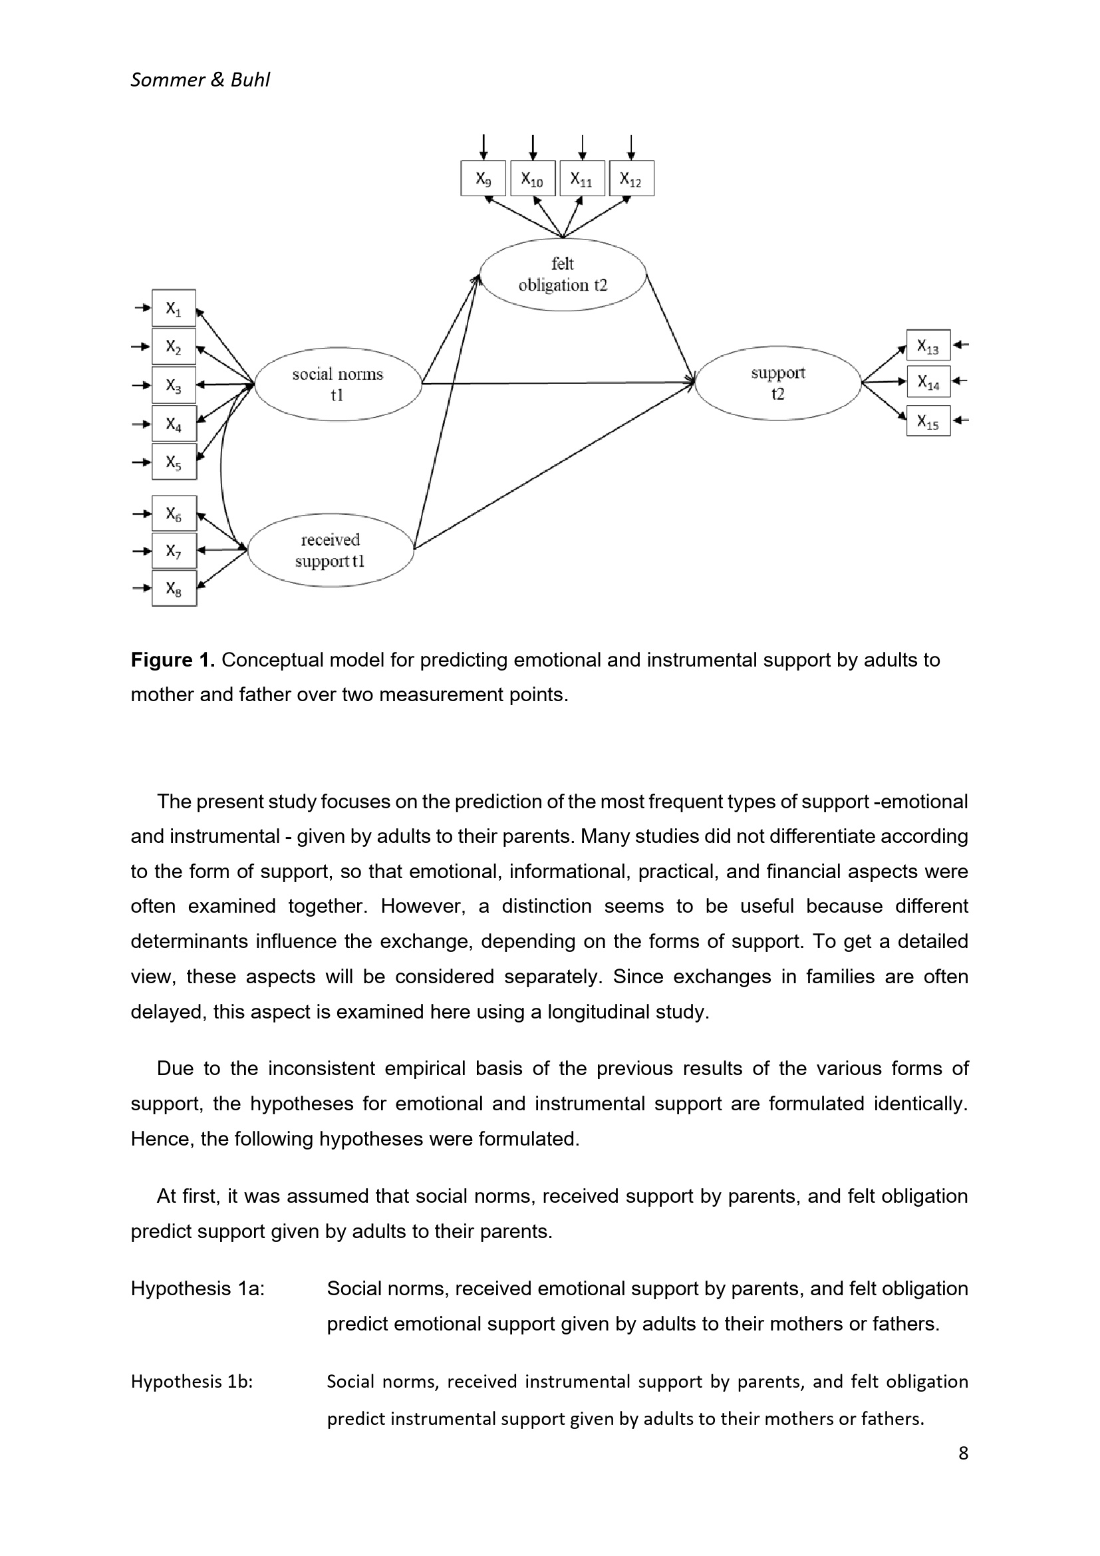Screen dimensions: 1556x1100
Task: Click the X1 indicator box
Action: point(174,309)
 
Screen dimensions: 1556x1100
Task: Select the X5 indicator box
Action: point(174,462)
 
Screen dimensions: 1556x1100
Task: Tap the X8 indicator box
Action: point(174,588)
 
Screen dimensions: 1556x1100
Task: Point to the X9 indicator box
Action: point(483,178)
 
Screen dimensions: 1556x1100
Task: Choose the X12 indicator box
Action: point(631,178)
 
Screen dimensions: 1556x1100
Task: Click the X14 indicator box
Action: point(928,382)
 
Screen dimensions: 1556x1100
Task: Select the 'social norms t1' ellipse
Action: point(338,385)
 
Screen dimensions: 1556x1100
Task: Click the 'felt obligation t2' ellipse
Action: point(563,275)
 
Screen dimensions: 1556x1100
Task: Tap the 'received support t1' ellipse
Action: point(331,549)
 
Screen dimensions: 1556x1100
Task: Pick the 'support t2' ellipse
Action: point(778,383)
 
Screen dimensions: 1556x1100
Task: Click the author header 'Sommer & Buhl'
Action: point(200,80)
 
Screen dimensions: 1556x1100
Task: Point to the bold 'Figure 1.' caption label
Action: point(173,660)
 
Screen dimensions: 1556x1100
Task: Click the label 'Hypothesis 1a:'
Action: point(198,1289)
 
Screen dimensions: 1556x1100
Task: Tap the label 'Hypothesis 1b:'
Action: point(192,1381)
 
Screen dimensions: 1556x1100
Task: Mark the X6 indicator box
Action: point(174,513)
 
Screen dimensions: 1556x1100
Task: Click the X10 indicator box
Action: point(533,178)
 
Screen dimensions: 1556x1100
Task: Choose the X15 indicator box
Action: point(928,421)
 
